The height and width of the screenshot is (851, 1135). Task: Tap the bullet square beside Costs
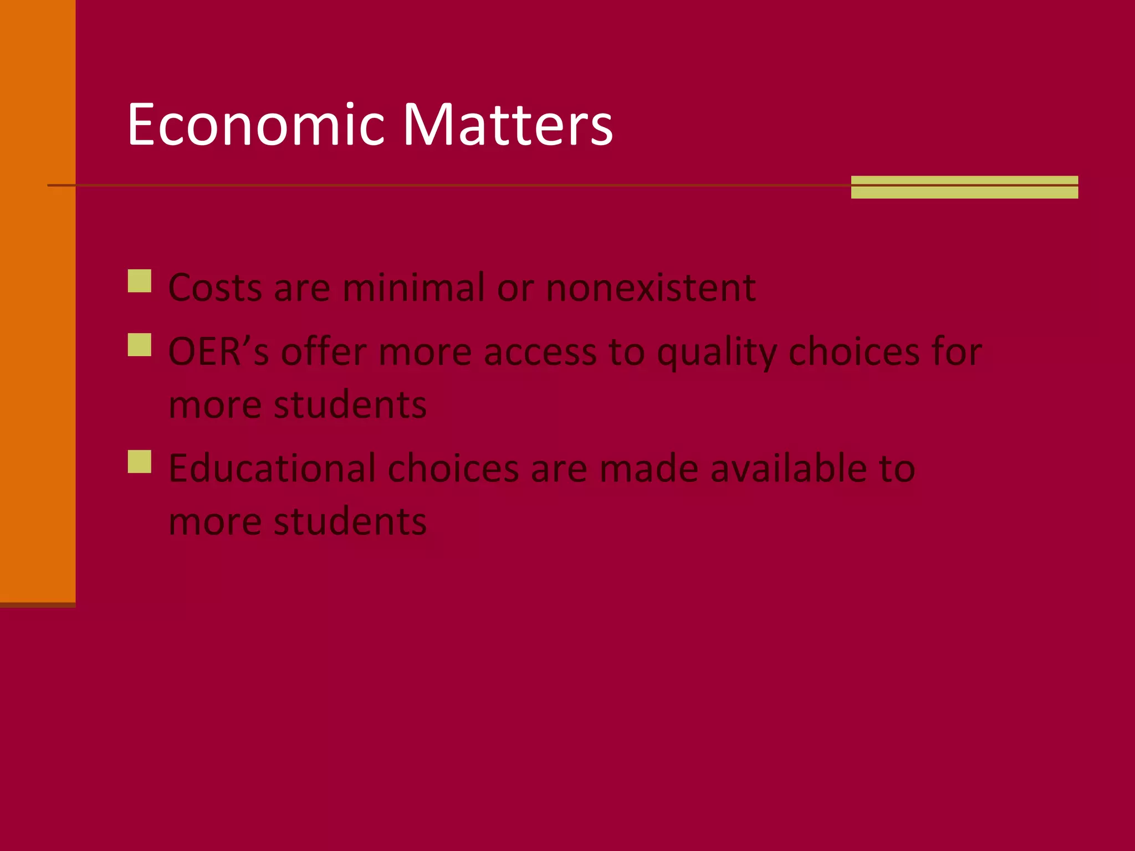[140, 281]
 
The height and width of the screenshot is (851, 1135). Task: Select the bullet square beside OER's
[140, 345]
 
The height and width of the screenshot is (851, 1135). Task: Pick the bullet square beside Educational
[140, 462]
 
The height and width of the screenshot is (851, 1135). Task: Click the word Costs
[215, 288]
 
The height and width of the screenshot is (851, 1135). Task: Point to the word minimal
[413, 288]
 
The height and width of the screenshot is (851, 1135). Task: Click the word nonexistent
[651, 288]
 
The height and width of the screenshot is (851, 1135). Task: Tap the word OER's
[218, 352]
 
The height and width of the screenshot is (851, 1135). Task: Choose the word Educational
[272, 469]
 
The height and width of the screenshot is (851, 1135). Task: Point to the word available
[786, 469]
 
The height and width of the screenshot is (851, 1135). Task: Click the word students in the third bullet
[350, 521]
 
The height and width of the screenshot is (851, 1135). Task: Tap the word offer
[324, 352]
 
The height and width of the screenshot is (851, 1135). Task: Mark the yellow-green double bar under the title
[964, 187]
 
